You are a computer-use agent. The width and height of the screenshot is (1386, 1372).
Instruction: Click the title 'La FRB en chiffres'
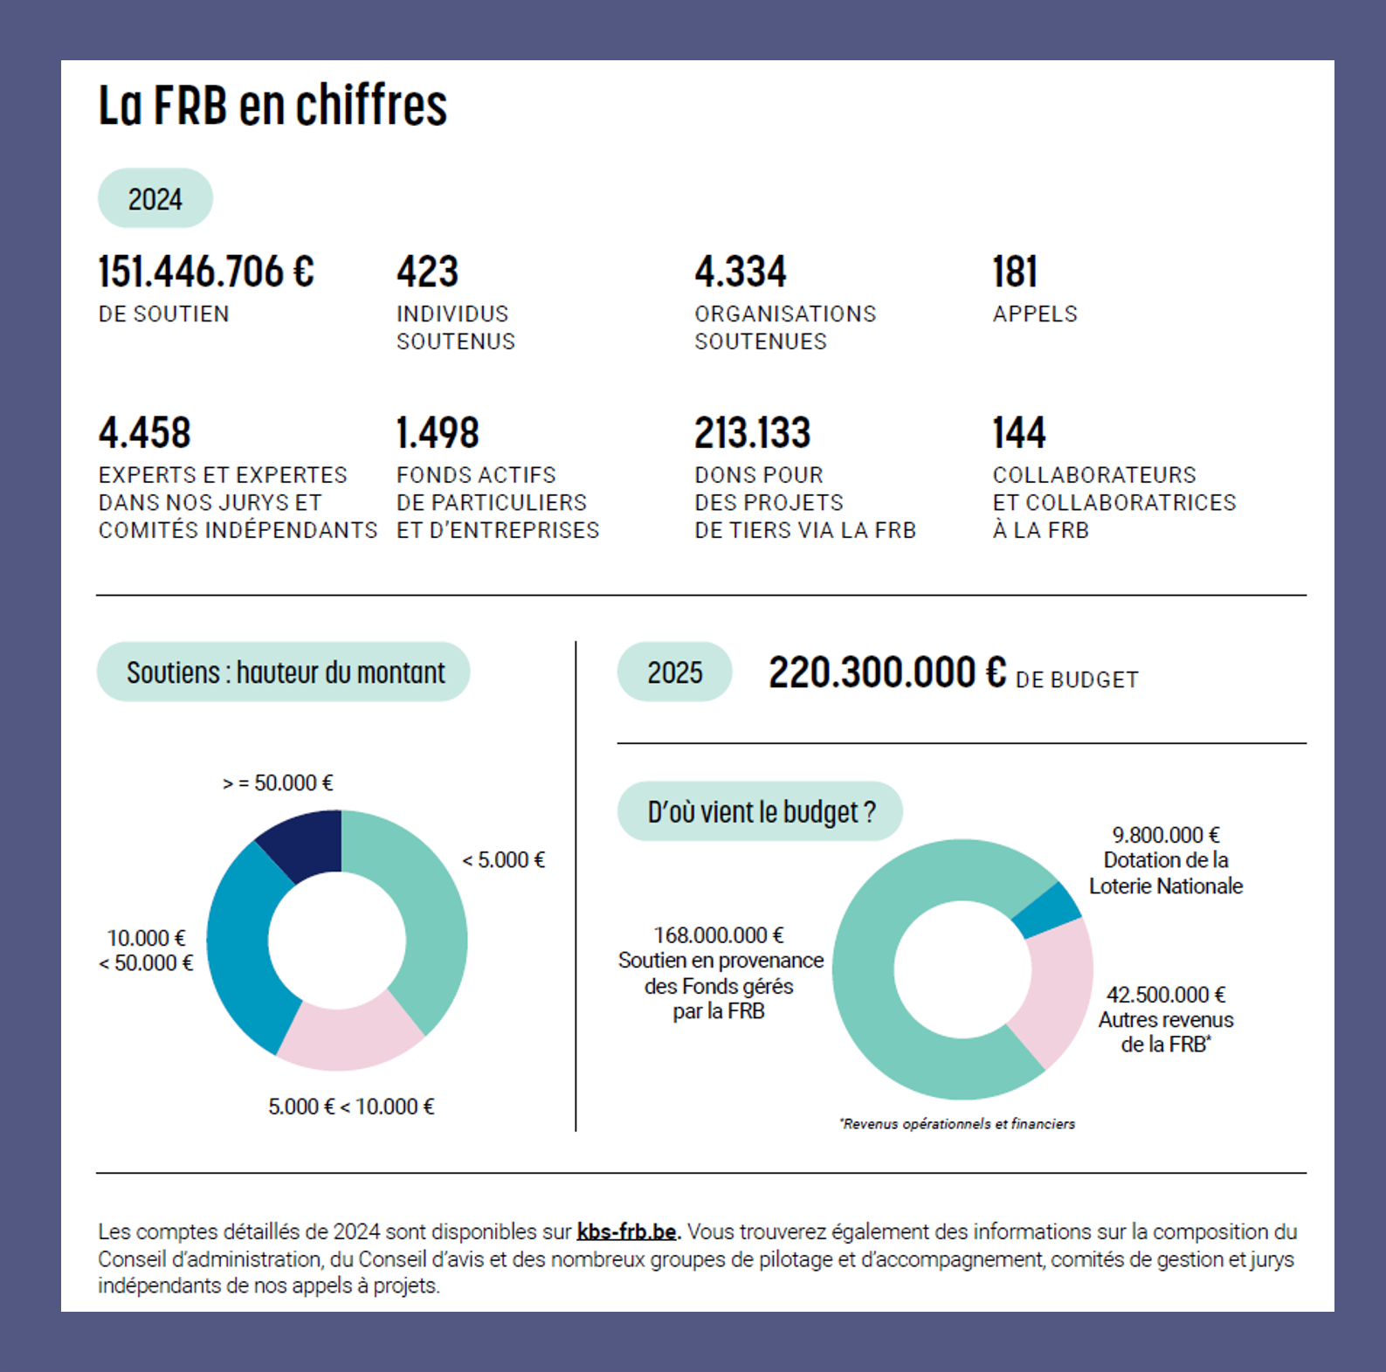pos(272,106)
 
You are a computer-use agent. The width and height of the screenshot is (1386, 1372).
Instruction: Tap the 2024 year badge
pos(155,199)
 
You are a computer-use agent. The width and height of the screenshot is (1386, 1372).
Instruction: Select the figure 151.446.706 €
pos(206,272)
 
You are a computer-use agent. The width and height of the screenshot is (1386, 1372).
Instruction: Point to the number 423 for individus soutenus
pos(427,272)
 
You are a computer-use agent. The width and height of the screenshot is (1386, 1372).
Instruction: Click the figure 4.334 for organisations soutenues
pos(741,272)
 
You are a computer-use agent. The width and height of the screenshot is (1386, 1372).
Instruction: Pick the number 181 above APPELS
pos(1015,272)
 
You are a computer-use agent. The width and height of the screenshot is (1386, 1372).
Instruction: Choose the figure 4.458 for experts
pos(144,433)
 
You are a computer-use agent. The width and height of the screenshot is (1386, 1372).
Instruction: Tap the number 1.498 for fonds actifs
pos(438,433)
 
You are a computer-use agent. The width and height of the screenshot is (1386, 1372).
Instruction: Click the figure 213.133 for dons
pos(752,433)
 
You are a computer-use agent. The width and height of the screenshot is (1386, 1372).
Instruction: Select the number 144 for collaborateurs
pos(1018,433)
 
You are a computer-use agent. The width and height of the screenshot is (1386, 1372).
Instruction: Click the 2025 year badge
pos(674,672)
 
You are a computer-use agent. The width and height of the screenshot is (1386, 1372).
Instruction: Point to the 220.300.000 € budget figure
pos(887,672)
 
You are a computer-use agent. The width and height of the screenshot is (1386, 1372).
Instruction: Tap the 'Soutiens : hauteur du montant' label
pos(285,672)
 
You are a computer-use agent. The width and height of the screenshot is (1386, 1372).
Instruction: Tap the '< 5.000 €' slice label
pos(503,860)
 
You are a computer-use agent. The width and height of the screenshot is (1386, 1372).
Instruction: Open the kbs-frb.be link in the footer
pos(626,1231)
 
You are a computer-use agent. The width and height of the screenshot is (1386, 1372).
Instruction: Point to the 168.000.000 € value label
pos(719,935)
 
